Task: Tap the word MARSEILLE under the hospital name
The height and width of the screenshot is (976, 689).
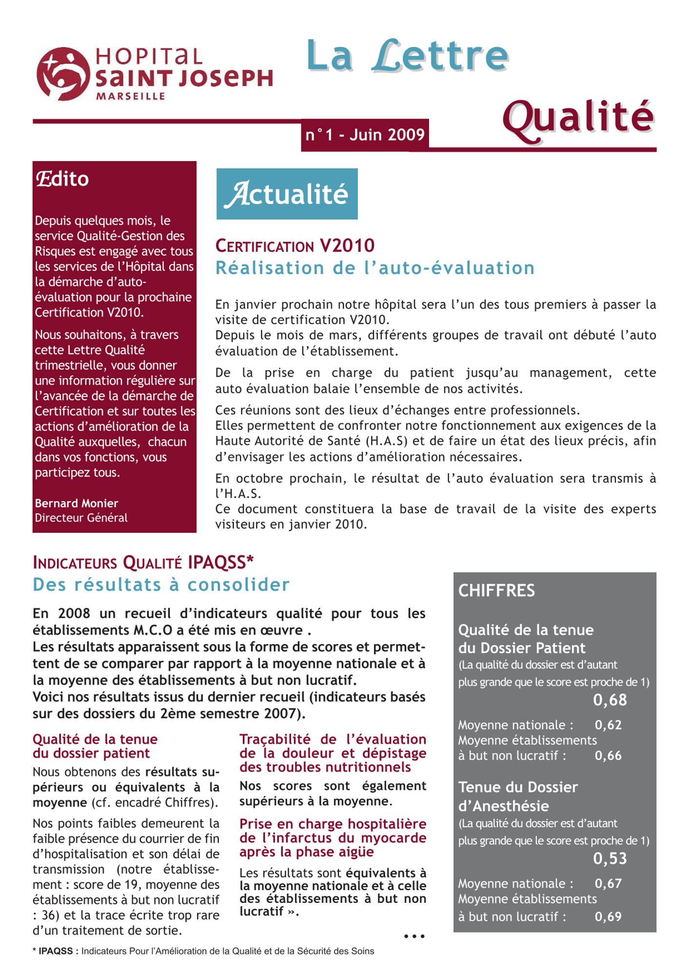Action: coord(131,97)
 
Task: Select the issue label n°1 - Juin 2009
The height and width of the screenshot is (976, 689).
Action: coord(365,135)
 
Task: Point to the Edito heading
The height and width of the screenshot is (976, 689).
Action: coord(62,179)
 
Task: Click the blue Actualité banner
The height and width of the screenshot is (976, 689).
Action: coord(287,194)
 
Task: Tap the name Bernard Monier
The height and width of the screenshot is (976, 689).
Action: coord(77,503)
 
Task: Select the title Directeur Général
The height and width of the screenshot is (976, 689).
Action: coord(81,518)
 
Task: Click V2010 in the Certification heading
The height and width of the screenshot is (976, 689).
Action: coord(347,246)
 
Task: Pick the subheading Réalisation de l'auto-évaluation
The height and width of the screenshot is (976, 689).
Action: coord(375,268)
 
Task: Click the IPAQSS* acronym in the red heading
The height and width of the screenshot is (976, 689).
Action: coord(220,563)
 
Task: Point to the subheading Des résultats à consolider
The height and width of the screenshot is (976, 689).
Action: coord(161,585)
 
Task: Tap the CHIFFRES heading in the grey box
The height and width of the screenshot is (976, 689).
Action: coord(496,590)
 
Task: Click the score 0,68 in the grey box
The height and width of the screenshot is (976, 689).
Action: coord(610,700)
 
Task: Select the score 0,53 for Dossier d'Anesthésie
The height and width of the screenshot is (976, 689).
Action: coord(610,858)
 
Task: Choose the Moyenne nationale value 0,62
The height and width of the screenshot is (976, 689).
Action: coord(608,725)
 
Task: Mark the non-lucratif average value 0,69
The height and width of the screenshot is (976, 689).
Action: coord(608,916)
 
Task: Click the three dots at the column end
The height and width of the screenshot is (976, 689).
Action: coord(414,936)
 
